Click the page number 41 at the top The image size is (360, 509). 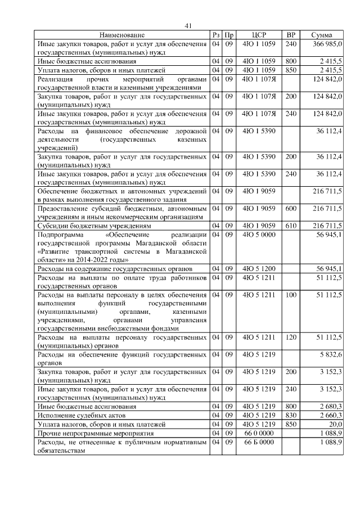click(188, 25)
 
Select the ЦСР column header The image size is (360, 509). click(259, 35)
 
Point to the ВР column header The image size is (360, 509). click(291, 35)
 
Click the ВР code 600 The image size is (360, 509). click(291, 208)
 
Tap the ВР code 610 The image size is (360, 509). click(291, 226)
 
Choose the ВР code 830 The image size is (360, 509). click(291, 415)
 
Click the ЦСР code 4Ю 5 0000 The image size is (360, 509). click(259, 234)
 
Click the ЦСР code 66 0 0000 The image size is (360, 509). click(259, 433)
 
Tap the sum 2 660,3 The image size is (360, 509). click(329, 415)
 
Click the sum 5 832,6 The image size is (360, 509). click(329, 354)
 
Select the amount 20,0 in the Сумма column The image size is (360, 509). click(335, 424)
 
